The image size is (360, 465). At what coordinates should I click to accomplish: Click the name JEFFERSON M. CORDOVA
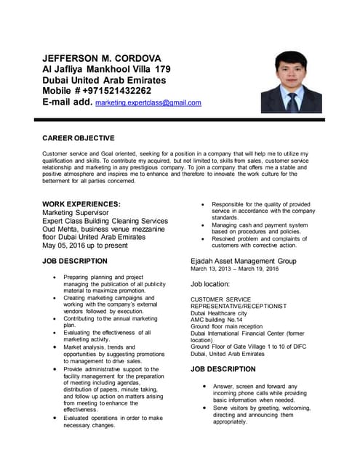[111, 57]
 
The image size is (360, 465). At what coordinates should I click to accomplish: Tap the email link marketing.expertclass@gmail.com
[148, 103]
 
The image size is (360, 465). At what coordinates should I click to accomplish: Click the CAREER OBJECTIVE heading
[79, 137]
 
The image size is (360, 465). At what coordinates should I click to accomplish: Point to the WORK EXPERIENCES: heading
[81, 204]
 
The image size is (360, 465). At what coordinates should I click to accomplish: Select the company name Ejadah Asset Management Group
[243, 260]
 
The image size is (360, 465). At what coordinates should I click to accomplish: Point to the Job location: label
[210, 284]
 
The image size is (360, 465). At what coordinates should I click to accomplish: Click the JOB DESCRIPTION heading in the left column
[75, 261]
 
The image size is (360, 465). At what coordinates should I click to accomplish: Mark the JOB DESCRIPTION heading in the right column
[223, 369]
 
